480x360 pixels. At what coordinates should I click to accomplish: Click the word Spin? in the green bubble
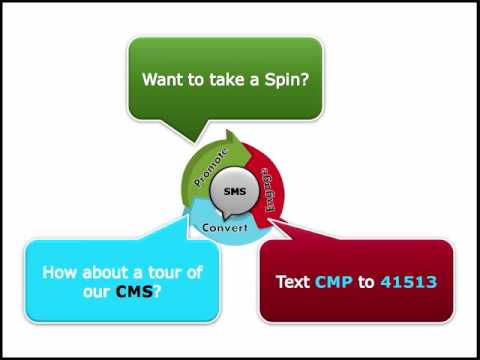click(x=287, y=80)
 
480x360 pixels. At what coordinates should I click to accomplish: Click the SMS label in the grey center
click(x=235, y=191)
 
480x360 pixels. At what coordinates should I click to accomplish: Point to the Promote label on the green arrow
click(x=211, y=167)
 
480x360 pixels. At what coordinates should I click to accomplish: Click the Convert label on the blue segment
click(x=225, y=228)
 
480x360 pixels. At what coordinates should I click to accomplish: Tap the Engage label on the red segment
click(x=269, y=190)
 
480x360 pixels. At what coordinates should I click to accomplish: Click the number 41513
click(x=408, y=282)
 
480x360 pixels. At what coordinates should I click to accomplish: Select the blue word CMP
click(x=334, y=282)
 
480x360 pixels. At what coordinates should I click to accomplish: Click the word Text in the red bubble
click(x=293, y=282)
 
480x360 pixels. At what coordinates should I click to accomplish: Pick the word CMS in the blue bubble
click(x=134, y=292)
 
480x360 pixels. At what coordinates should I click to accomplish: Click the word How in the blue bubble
click(x=60, y=273)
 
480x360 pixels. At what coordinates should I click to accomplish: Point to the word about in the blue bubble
click(x=106, y=273)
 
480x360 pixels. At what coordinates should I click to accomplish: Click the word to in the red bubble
click(x=366, y=282)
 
